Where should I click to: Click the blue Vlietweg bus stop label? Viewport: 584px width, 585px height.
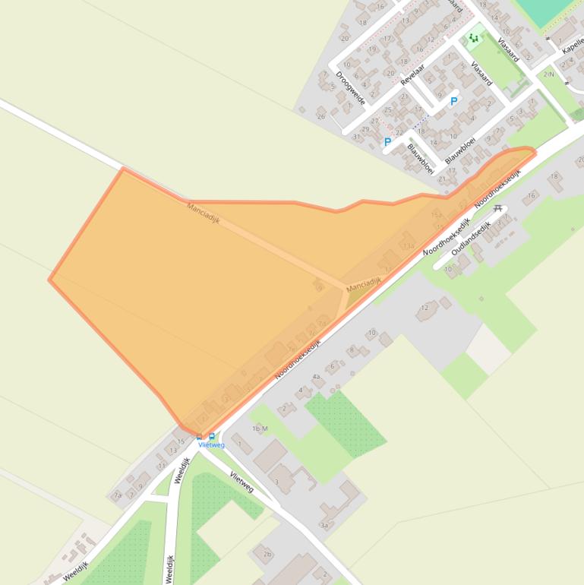[x=212, y=445]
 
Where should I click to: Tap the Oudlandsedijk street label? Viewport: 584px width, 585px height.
[x=470, y=238]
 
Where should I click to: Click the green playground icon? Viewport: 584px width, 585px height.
[x=475, y=37]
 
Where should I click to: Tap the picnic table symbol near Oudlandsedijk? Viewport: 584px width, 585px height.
[x=498, y=208]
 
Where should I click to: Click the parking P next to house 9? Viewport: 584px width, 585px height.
[x=454, y=101]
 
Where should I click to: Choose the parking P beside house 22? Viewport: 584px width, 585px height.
[x=387, y=142]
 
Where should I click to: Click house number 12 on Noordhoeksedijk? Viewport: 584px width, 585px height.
[x=425, y=308]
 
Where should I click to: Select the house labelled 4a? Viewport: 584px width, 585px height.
[x=317, y=377]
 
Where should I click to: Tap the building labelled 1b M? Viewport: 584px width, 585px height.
[x=260, y=429]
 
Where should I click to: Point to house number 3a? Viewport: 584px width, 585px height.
[x=324, y=525]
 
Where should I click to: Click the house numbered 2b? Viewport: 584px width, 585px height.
[x=267, y=554]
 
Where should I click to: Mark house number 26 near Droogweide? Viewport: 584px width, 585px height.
[x=321, y=116]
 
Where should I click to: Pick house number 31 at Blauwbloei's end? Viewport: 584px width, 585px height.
[x=357, y=138]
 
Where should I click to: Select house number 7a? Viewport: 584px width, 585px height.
[x=118, y=495]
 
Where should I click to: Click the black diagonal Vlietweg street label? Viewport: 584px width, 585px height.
[x=241, y=482]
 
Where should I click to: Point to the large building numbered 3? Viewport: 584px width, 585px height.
[x=276, y=482]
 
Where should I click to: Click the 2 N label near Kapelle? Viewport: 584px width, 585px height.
[x=548, y=74]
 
